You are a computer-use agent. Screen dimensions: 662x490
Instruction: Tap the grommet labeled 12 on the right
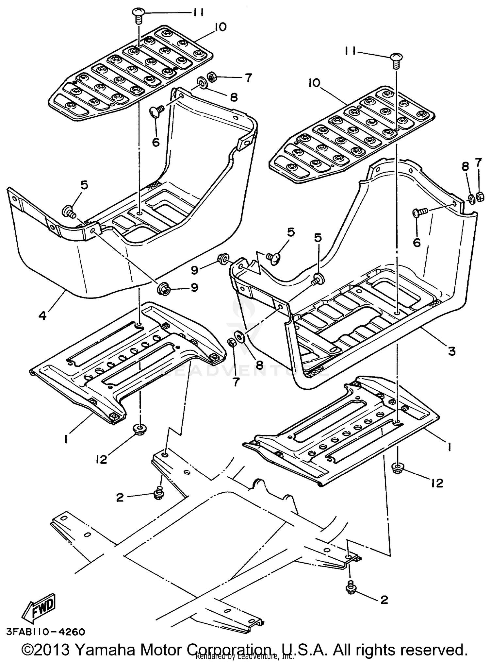(x=398, y=468)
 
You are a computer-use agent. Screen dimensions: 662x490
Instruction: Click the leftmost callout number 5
(x=84, y=185)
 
